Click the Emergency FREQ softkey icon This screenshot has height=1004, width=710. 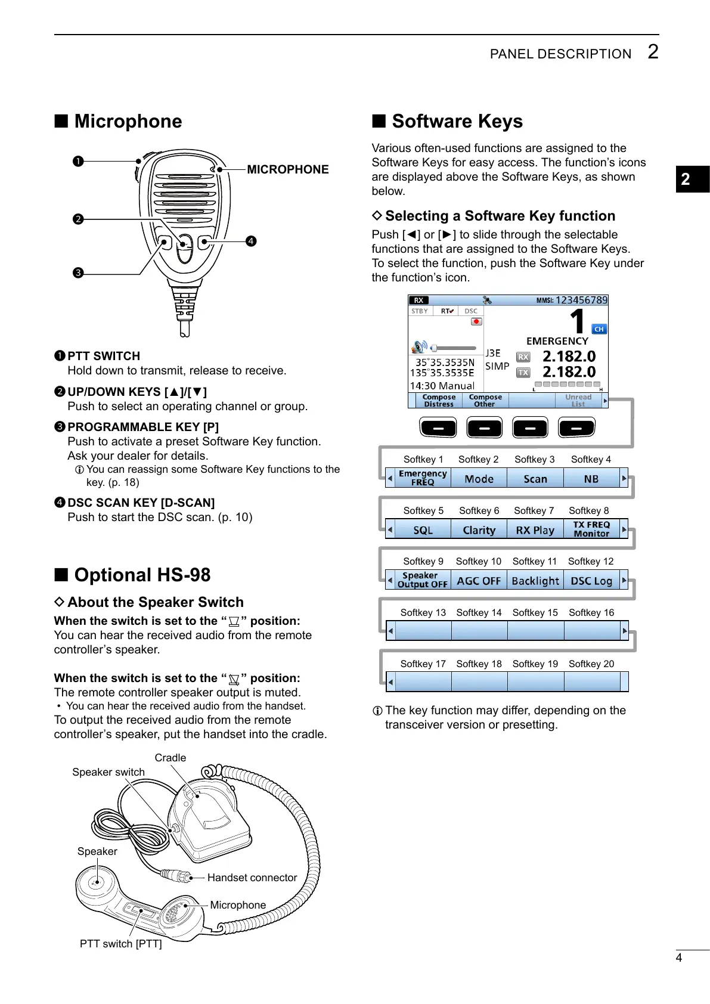pyautogui.click(x=423, y=478)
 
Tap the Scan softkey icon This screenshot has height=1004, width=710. pyautogui.click(x=535, y=479)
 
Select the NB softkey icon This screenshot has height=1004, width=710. pyautogui.click(x=591, y=479)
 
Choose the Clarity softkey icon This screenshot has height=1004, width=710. pyautogui.click(x=479, y=530)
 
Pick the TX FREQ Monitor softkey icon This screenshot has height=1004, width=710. pyautogui.click(x=591, y=529)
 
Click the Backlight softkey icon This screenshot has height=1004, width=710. pyautogui.click(x=535, y=581)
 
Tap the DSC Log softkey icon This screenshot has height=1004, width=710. pyautogui.click(x=591, y=581)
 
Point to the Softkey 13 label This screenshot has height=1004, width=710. pyautogui.click(x=423, y=612)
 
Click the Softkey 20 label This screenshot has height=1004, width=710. pyautogui.click(x=591, y=664)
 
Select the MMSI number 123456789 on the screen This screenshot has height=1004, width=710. pyautogui.click(x=581, y=300)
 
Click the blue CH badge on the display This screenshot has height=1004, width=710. pyautogui.click(x=599, y=329)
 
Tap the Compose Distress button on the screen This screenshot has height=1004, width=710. pyautogui.click(x=439, y=401)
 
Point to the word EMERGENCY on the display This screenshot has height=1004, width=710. pyautogui.click(x=557, y=341)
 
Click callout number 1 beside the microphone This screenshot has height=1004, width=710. pyautogui.click(x=78, y=161)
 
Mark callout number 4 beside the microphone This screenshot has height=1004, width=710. pyautogui.click(x=251, y=241)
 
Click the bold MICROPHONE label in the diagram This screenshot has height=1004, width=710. pyautogui.click(x=288, y=169)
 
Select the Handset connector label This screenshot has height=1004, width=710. pyautogui.click(x=252, y=878)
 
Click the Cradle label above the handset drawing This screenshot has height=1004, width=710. pyautogui.click(x=170, y=758)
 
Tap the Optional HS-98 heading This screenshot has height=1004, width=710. pyautogui.click(x=142, y=575)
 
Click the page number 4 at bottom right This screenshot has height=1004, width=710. pyautogui.click(x=678, y=957)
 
